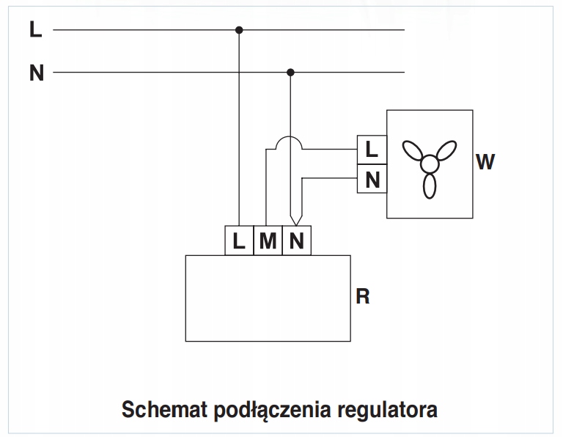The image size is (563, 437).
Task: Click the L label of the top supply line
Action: (x=35, y=29)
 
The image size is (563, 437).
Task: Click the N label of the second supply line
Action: (x=37, y=73)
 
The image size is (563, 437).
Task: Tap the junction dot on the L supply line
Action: (x=239, y=30)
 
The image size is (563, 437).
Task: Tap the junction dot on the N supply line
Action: (x=290, y=73)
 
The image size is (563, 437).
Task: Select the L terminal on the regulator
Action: (x=239, y=240)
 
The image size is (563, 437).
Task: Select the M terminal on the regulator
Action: (x=268, y=240)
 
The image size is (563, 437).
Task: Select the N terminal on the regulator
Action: (x=297, y=240)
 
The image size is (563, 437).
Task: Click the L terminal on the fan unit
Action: (x=372, y=150)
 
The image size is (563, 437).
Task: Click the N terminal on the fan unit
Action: (x=372, y=179)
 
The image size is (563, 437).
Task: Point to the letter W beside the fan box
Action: (x=485, y=161)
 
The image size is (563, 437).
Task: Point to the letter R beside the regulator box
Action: (x=363, y=297)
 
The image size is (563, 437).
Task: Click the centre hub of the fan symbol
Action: (x=430, y=164)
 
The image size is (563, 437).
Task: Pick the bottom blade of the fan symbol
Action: (x=430, y=186)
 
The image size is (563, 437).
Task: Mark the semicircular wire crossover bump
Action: (x=289, y=137)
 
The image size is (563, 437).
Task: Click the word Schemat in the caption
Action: (x=165, y=409)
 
